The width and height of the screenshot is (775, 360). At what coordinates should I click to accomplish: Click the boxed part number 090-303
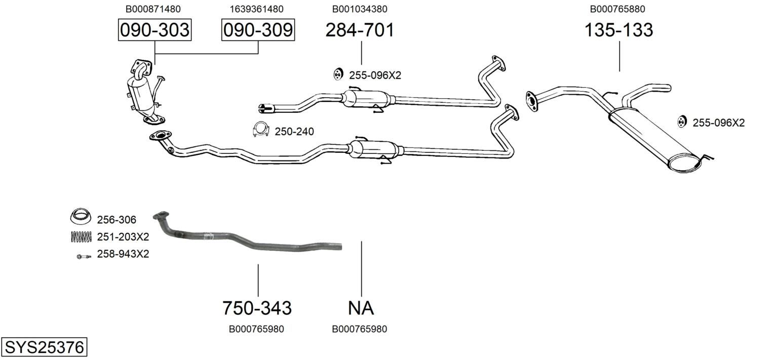pyautogui.click(x=154, y=30)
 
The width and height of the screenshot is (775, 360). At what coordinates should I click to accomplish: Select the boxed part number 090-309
pyautogui.click(x=258, y=30)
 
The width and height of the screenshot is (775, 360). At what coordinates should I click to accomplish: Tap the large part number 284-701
pyautogui.click(x=360, y=30)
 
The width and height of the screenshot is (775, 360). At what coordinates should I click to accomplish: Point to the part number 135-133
pyautogui.click(x=618, y=30)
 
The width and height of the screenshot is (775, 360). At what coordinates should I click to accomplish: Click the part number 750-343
pyautogui.click(x=257, y=308)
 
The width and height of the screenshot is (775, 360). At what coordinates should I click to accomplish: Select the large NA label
pyautogui.click(x=361, y=308)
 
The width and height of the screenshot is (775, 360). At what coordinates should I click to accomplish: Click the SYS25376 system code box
pyautogui.click(x=44, y=347)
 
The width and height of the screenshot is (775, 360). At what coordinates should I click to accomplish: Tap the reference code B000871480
pyautogui.click(x=153, y=9)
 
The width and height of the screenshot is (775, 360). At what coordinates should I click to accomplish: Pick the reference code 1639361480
pyautogui.click(x=257, y=9)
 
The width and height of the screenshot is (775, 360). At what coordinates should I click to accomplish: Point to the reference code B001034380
pyautogui.click(x=360, y=9)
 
